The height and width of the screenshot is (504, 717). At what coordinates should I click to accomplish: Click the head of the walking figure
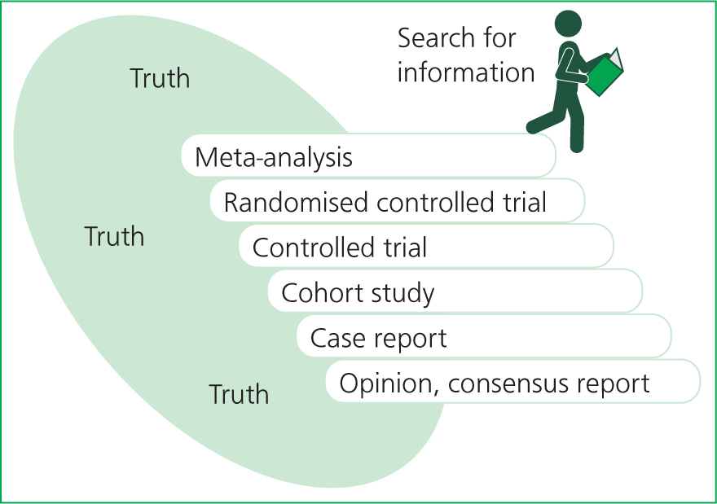pos(568,23)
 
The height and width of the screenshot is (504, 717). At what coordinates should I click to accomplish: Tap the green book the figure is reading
pos(605,73)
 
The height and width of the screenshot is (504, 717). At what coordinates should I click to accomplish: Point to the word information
pos(466,72)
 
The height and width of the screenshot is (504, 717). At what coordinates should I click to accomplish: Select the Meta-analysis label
pos(274,158)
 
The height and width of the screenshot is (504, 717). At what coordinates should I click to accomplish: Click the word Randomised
pos(296,202)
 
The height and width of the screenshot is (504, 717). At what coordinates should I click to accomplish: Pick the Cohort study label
pos(358,293)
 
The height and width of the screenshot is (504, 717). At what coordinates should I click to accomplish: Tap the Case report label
pos(378,339)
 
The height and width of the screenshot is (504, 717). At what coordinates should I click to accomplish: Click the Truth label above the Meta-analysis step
pos(160,78)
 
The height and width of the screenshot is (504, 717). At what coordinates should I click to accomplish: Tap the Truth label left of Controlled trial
pos(114,236)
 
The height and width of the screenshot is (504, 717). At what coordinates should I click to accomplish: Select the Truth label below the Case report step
pos(239,394)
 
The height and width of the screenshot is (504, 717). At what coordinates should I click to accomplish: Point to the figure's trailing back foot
pos(533,126)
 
